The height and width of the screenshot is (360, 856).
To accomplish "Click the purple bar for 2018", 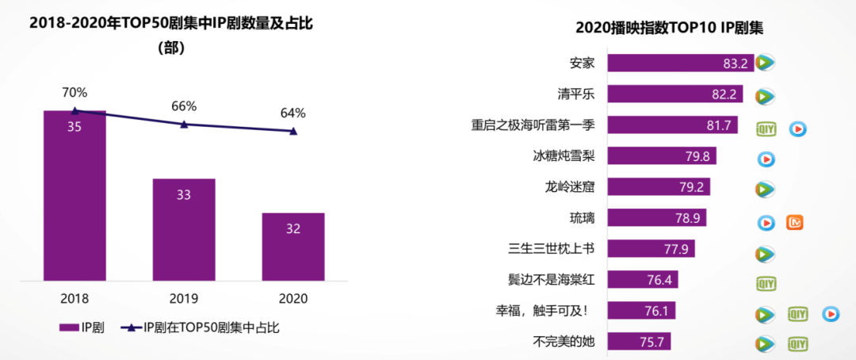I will pos(75,196).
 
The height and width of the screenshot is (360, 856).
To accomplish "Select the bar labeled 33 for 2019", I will pos(184,229).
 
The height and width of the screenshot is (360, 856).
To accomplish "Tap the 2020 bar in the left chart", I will pos(293,246).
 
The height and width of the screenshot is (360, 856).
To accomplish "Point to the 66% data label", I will pos(184,106).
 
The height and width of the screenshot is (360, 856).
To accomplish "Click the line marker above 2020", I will pos(293,131).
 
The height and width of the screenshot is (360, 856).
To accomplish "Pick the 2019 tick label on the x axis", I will pos(184,299).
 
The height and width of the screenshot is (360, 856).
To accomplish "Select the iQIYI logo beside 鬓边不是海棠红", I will pos(765,283).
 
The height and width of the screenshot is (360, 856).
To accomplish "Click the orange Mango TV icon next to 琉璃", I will pos(795,223).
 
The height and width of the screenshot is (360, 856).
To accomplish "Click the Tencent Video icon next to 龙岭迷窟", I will pos(765,190).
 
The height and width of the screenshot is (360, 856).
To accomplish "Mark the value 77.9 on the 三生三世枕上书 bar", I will pos(679,250).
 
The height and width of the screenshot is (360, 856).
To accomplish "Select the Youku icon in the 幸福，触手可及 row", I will pos(830,314).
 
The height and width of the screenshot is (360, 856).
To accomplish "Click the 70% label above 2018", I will pos(75,92).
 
